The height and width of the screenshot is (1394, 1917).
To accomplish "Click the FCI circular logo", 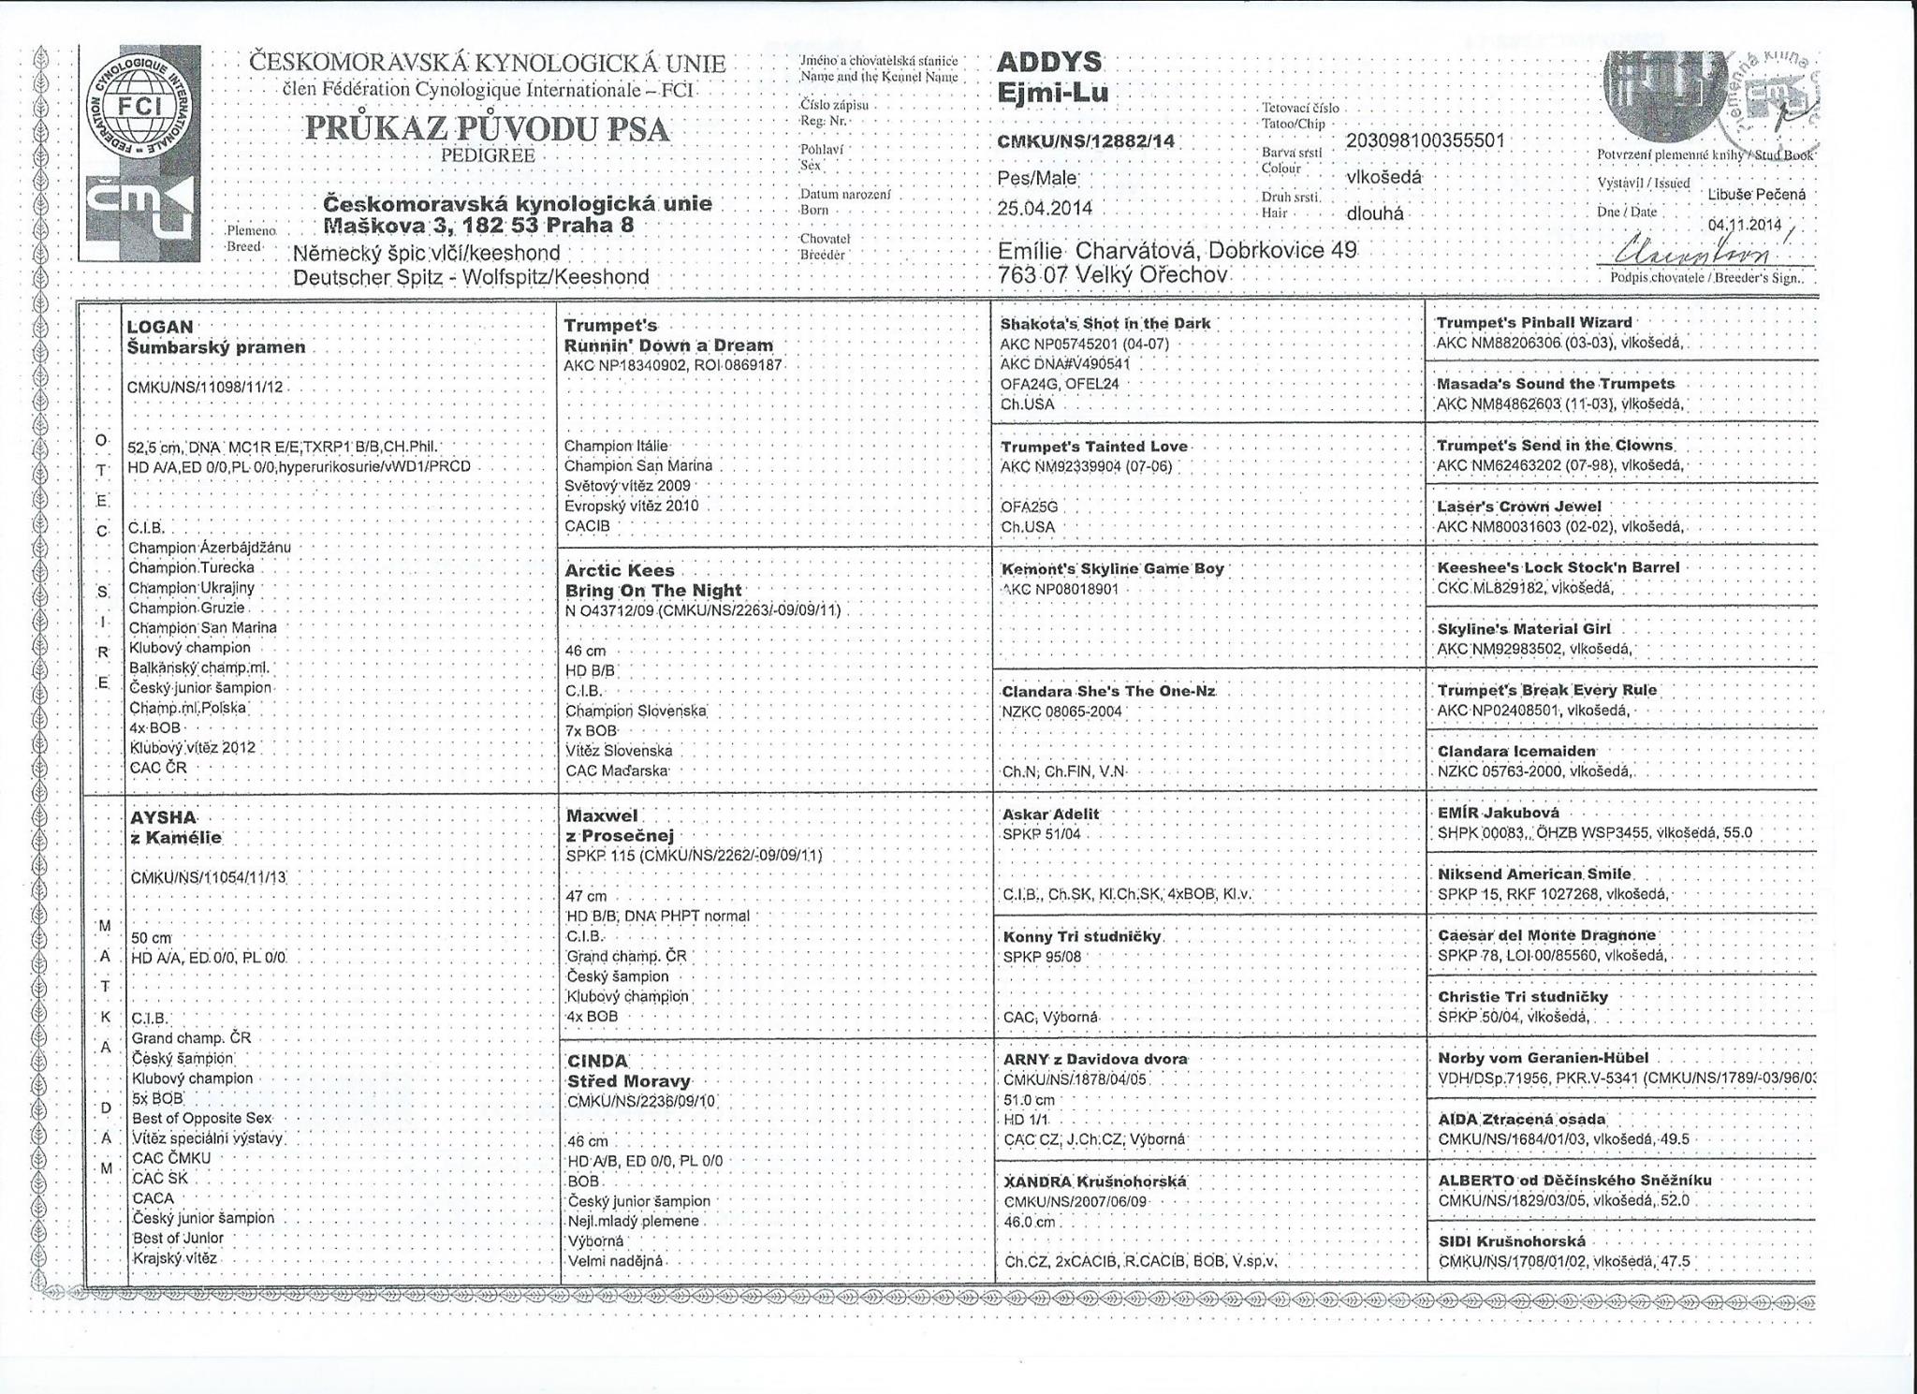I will (x=139, y=106).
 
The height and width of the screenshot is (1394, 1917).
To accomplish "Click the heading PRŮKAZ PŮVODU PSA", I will (x=488, y=129).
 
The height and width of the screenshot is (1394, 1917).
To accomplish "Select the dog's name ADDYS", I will (x=1049, y=63).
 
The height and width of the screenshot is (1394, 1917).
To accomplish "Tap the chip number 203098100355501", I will (x=1425, y=140).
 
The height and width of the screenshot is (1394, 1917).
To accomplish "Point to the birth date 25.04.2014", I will (x=1045, y=209).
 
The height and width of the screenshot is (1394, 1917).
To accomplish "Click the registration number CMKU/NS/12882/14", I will (x=1087, y=142).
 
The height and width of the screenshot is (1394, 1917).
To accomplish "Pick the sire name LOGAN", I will (x=160, y=327).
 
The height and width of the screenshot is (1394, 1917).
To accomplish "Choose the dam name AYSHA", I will (x=164, y=817).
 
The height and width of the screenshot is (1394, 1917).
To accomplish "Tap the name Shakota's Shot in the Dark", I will (x=1105, y=323).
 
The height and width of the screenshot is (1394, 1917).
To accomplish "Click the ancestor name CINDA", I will (x=598, y=1061).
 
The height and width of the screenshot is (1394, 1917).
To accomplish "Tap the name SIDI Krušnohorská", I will (x=1512, y=1241).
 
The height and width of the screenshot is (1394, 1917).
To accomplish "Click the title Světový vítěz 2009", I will (x=626, y=485).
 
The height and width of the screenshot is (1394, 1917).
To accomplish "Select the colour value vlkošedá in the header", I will (x=1383, y=177).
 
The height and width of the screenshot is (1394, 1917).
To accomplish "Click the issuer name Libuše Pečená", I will (x=1756, y=195).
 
